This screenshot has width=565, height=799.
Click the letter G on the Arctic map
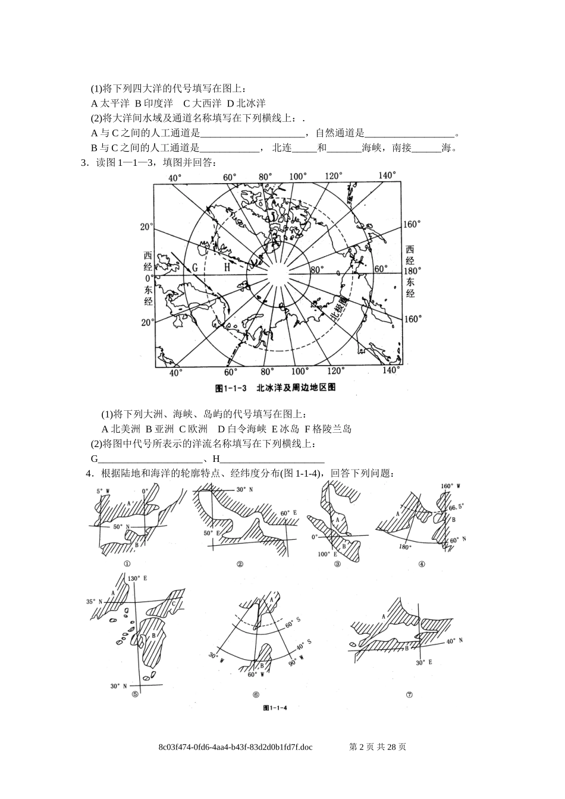pyautogui.click(x=194, y=268)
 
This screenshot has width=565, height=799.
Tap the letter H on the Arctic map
pyautogui.click(x=227, y=268)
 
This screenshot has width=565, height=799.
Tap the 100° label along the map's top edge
pyautogui.click(x=297, y=177)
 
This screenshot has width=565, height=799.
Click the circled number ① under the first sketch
pyautogui.click(x=127, y=564)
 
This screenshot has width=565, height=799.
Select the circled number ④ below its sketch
pyautogui.click(x=422, y=564)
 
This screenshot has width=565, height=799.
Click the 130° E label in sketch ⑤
pyautogui.click(x=137, y=578)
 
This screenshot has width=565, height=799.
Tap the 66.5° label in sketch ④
pyautogui.click(x=457, y=508)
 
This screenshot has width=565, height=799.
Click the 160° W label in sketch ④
pyautogui.click(x=451, y=486)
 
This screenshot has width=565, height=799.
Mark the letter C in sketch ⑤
pyautogui.click(x=173, y=604)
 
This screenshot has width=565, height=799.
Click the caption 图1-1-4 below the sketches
pyautogui.click(x=275, y=708)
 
